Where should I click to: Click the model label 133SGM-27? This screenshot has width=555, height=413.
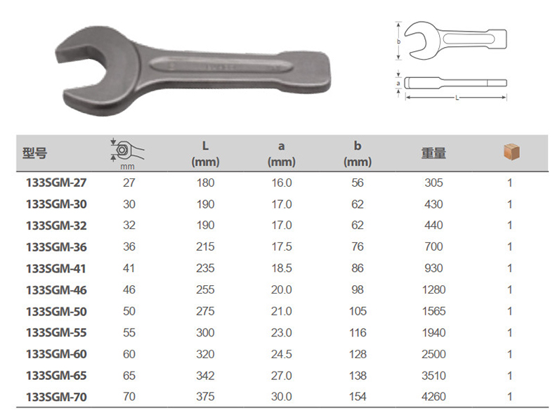(56, 183)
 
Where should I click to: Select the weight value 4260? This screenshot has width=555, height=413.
(433, 397)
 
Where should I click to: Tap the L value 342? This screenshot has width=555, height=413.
(205, 376)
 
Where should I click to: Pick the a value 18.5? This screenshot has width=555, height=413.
(282, 268)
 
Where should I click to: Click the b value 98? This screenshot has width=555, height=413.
(358, 290)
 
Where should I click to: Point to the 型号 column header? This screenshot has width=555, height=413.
(34, 154)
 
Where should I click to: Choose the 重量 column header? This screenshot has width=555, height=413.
(433, 154)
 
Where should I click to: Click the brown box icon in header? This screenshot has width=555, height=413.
(512, 152)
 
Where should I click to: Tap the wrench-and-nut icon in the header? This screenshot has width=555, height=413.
(126, 151)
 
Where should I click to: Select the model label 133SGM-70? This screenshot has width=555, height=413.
(56, 397)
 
